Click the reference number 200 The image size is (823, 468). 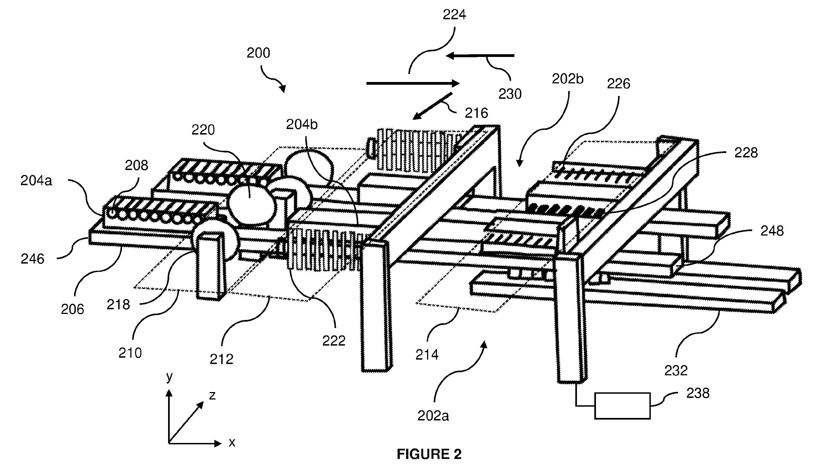[x=258, y=53]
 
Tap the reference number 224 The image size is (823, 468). [x=454, y=15]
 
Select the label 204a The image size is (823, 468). [x=36, y=181]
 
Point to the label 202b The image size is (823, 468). [x=567, y=79]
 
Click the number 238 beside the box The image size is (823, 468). [x=698, y=393]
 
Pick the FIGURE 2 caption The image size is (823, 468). [x=429, y=454]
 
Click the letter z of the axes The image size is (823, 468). [x=212, y=395]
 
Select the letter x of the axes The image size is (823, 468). [x=232, y=443]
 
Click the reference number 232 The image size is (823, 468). [x=676, y=371]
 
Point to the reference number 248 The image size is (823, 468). [x=772, y=231]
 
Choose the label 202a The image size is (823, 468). [x=433, y=416]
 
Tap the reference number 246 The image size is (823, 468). [x=32, y=259]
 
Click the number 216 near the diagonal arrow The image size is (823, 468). [x=476, y=113]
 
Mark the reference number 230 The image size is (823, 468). [x=510, y=94]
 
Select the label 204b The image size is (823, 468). [x=302, y=124]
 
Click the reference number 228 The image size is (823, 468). [x=746, y=153]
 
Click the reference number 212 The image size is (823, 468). [x=222, y=359]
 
